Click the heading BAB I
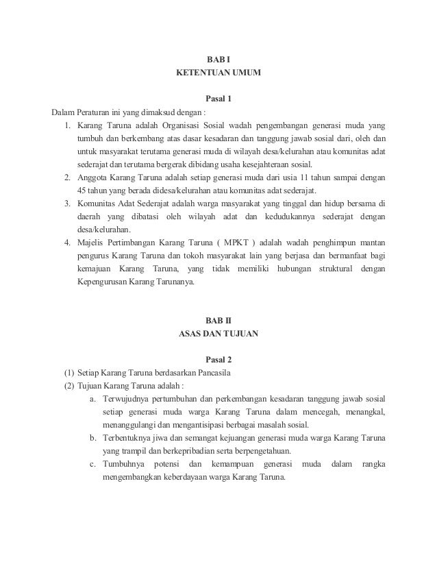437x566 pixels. tap(218, 59)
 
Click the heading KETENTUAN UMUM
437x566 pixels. tap(218, 72)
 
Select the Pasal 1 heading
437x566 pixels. tap(218, 99)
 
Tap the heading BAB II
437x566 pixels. tap(218, 321)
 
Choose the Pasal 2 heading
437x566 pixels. tap(218, 360)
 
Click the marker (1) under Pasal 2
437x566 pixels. tap(68, 373)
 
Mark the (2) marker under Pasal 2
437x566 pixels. tap(68, 386)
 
